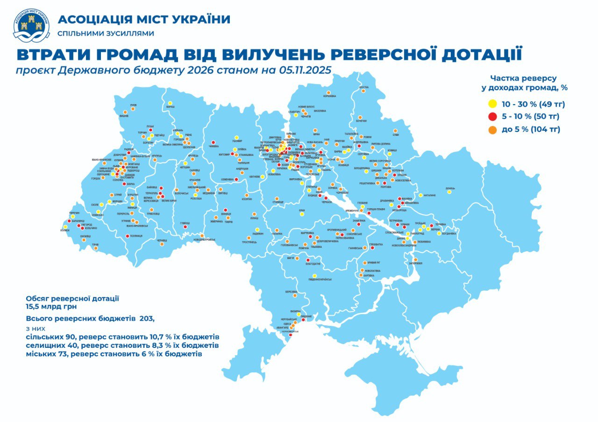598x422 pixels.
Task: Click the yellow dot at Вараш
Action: coord(170,103)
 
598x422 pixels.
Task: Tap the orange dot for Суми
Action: coord(395,131)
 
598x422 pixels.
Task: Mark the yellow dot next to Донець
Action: coord(449,192)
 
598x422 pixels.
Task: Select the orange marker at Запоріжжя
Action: coord(414,259)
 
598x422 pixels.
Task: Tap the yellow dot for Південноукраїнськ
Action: coord(314,275)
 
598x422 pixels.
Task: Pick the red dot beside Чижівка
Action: coord(213,142)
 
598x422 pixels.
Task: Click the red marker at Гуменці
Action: coord(185,219)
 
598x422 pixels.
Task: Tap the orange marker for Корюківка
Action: coord(329,92)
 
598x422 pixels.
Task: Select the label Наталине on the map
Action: coord(430,195)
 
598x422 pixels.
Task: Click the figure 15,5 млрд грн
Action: coord(51,307)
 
